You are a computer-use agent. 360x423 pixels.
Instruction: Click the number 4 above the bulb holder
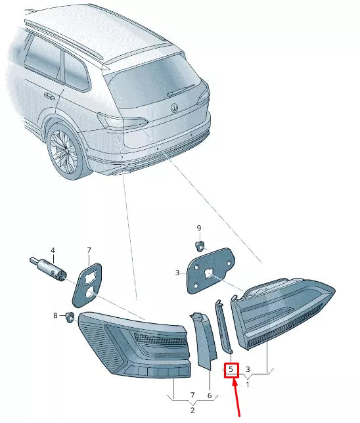pyautogui.click(x=53, y=250)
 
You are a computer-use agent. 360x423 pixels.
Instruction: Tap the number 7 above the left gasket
pyautogui.click(x=89, y=250)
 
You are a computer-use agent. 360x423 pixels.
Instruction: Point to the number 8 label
pyautogui.click(x=56, y=316)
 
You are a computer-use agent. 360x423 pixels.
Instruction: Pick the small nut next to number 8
pyautogui.click(x=68, y=317)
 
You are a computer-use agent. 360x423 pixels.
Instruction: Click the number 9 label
pyautogui.click(x=198, y=228)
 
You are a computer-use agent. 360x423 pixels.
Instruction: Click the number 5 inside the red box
pyautogui.click(x=231, y=370)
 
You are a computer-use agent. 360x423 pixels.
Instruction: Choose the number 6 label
pyautogui.click(x=209, y=395)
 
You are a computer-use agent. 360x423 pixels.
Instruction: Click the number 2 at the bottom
pyautogui.click(x=192, y=410)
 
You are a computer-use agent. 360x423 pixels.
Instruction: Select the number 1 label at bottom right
pyautogui.click(x=247, y=384)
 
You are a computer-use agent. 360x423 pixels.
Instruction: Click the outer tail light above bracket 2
pyautogui.click(x=135, y=343)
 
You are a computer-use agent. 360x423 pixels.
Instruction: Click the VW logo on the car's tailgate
pyautogui.click(x=174, y=108)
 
